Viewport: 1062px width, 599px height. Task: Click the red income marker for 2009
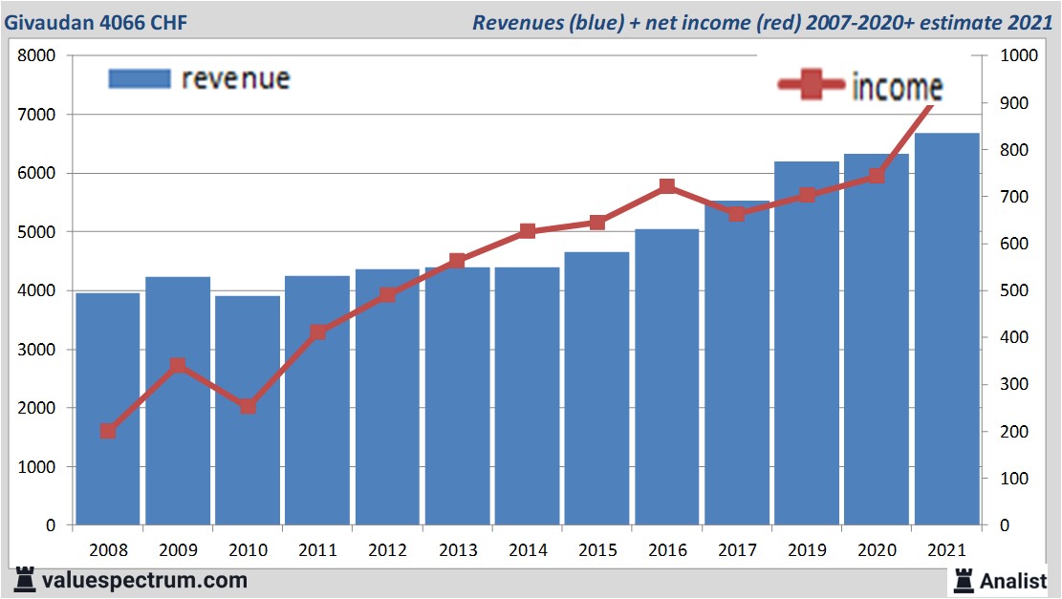pos(178,366)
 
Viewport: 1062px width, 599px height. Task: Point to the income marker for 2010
pos(248,406)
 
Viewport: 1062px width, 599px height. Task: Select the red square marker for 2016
pos(667,187)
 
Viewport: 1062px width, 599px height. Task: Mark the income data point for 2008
pos(108,431)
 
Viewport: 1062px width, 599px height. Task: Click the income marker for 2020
pos(877,176)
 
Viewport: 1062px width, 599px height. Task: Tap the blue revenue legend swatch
pos(139,78)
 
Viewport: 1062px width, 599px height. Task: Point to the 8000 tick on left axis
pos(38,55)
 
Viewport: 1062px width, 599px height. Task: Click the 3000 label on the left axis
pos(38,350)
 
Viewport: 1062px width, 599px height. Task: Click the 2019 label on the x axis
pos(807,550)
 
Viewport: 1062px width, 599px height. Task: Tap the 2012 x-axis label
pos(387,550)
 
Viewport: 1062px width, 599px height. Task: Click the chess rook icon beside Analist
pos(964,579)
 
